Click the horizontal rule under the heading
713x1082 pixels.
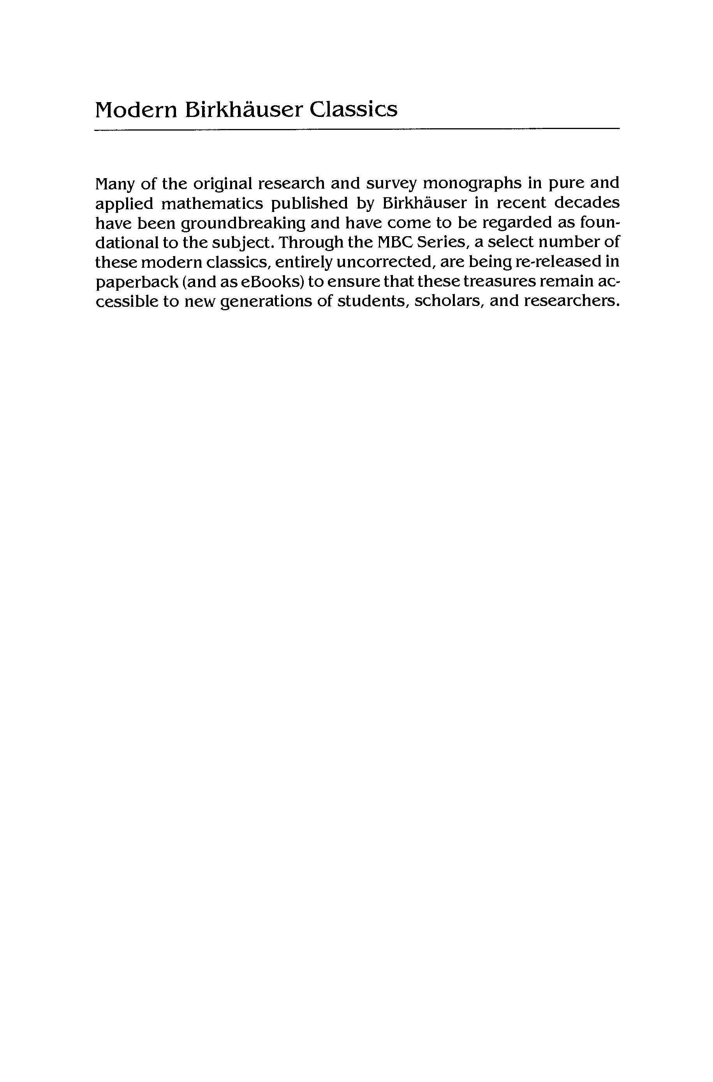click(x=357, y=130)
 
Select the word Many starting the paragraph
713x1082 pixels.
click(x=115, y=184)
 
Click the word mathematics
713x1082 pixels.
click(x=211, y=203)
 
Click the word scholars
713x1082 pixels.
click(x=448, y=302)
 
